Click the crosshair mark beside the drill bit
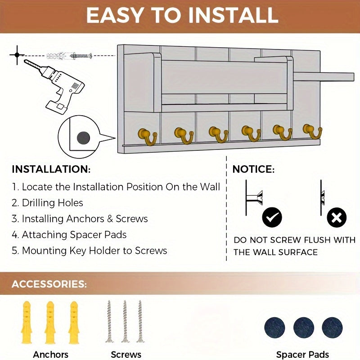[x=17, y=54]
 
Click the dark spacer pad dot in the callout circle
[x=83, y=137]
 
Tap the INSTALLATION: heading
[x=51, y=169]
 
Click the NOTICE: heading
[x=253, y=169]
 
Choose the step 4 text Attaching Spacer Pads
[x=74, y=234]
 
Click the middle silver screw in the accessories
[x=125, y=321]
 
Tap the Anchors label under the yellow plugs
[x=50, y=355]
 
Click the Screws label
[x=126, y=355]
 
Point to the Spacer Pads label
[x=302, y=355]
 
